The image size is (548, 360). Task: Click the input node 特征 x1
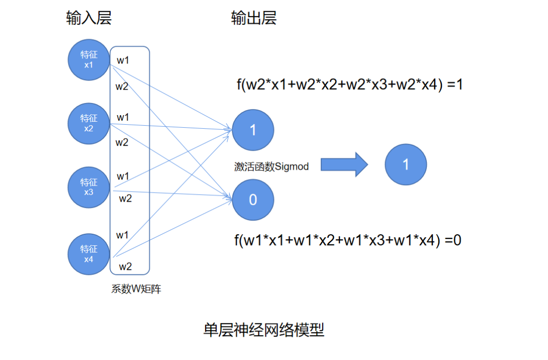pos(88,60)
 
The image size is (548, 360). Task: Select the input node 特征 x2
pos(88,124)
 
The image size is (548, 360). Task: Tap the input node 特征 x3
pos(88,188)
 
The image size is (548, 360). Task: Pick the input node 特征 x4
pos(88,254)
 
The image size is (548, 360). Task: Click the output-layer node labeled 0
pos(253,200)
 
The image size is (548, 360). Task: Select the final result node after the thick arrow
pos(406,164)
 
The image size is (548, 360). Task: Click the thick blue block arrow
pos(344,164)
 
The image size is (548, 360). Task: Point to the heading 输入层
pos(89,18)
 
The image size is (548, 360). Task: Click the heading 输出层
pos(254,18)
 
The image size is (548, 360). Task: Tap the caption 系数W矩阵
pos(136,289)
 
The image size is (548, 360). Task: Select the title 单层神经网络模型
pos(264,330)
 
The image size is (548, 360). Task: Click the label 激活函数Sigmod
pos(271,166)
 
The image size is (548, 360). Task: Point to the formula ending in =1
pos(350,85)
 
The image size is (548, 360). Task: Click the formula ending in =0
pos(348,240)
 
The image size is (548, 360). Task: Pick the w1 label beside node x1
pos(123,60)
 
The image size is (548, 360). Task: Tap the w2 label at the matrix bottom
pos(125,267)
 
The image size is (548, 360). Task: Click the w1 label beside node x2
pos(123,117)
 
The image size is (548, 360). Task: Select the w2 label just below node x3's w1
pos(125,199)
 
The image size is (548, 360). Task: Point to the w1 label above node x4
pos(122,235)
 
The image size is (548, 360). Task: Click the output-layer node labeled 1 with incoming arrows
pos(253,130)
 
